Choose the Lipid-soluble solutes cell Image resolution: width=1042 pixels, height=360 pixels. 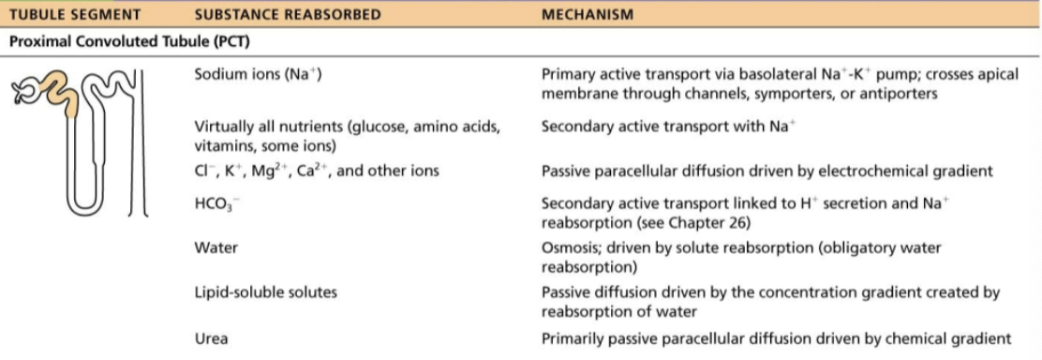pos(266,292)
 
